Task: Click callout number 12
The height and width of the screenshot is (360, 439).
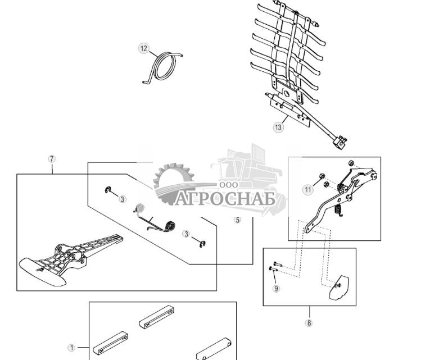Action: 144,48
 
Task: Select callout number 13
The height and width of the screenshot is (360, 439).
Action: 278,127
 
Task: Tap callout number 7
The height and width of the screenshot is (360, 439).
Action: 52,159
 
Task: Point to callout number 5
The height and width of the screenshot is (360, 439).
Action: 237,220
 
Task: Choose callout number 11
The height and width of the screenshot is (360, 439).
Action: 308,190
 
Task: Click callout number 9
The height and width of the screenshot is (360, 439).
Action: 276,289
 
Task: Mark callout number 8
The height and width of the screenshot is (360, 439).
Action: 309,323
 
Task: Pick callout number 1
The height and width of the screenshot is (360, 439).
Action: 71,348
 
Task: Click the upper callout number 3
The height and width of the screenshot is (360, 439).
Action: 123,199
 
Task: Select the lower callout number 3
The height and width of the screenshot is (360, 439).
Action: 186,234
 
